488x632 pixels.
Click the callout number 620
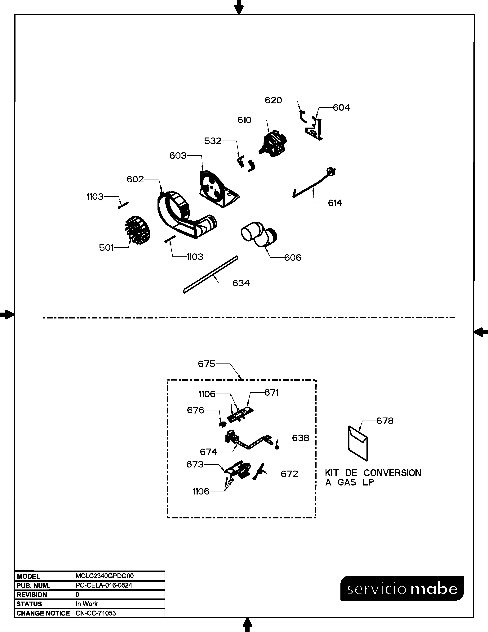(x=273, y=100)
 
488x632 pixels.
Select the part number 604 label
(x=341, y=108)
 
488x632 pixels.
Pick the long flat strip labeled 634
(x=211, y=274)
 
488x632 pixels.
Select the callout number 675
(x=206, y=364)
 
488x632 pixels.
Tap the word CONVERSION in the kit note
(x=392, y=473)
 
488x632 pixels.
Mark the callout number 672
(x=289, y=474)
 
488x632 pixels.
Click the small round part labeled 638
(x=277, y=447)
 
